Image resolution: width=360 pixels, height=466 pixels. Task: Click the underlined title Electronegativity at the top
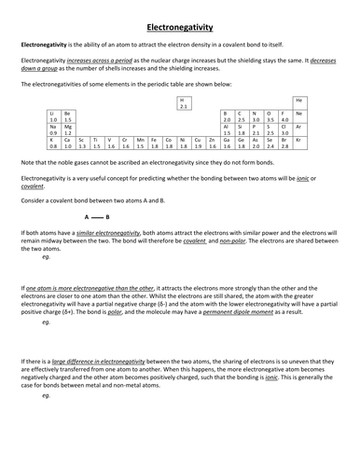pos(180,28)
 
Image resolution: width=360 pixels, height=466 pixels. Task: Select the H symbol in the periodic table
pos(183,100)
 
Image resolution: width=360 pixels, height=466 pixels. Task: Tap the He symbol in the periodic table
pos(299,100)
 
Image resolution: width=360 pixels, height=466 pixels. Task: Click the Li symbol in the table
pos(53,113)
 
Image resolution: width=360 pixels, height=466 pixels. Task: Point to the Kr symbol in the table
pos(299,139)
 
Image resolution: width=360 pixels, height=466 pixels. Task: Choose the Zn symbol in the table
pos(211,139)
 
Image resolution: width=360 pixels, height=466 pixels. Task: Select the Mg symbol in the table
pos(68,126)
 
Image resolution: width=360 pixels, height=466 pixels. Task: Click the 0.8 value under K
pos(53,146)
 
